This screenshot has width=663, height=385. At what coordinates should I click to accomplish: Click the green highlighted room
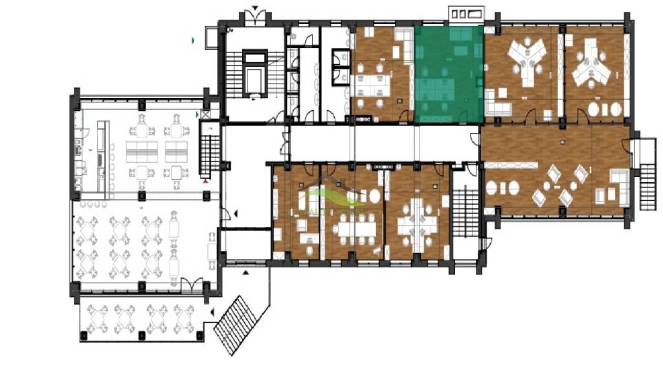tap(449, 75)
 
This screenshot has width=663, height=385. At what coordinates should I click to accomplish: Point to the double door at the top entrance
tap(256, 17)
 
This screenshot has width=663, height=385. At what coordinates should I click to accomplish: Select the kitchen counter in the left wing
tap(102, 156)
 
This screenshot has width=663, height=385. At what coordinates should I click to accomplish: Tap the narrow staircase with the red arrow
tap(208, 156)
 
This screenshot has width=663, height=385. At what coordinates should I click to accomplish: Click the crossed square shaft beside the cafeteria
tap(206, 115)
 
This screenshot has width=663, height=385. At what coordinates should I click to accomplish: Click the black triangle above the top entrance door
tap(256, 8)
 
